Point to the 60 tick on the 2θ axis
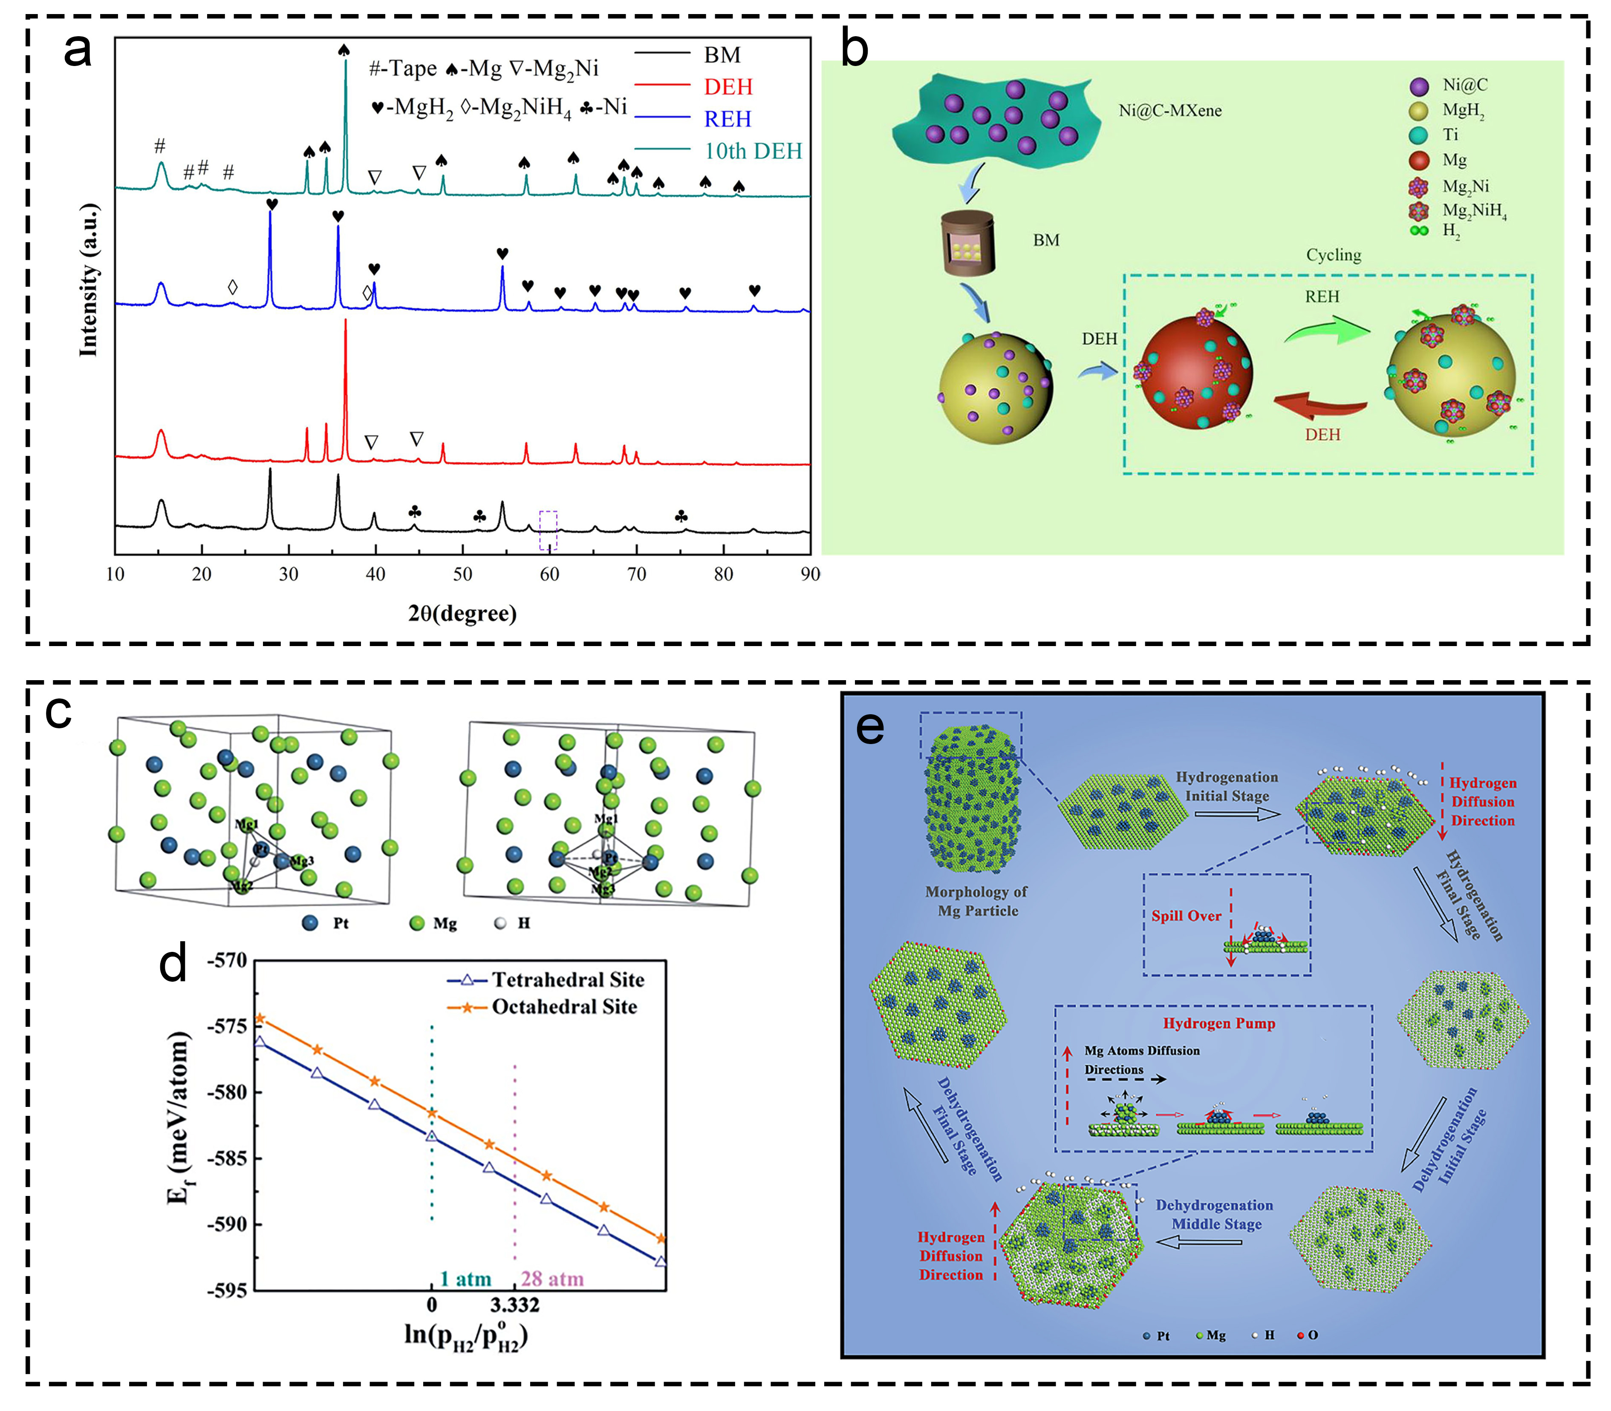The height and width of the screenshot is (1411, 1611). point(549,574)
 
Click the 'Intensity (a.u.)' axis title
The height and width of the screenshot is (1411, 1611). point(89,279)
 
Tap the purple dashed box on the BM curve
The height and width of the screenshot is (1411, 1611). point(548,530)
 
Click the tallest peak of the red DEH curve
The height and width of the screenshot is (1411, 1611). point(345,323)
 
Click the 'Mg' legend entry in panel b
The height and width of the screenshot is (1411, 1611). point(1454,161)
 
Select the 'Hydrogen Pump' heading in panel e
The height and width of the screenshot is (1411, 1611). point(1218,1023)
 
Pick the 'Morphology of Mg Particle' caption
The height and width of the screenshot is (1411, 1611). point(977,901)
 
